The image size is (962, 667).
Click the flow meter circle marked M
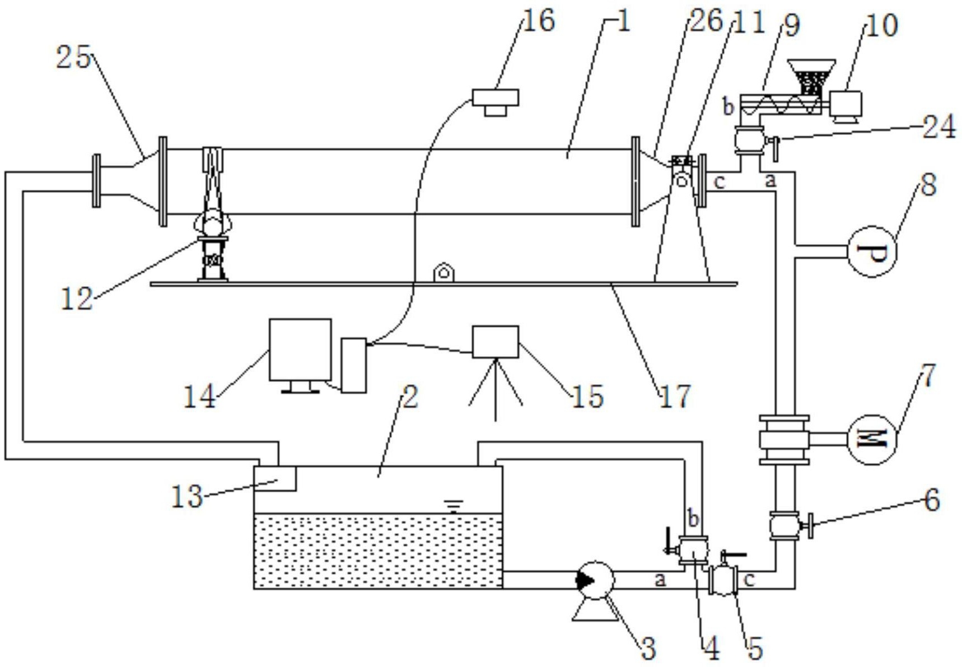pos(872,439)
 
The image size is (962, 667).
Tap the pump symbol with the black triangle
pos(595,581)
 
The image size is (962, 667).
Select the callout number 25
pos(73,57)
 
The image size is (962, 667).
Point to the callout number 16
pos(538,21)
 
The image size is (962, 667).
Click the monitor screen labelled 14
pos(300,350)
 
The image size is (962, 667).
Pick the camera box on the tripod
pos(496,342)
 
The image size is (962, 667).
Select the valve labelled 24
pos(750,140)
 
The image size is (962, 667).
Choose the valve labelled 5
pos(723,580)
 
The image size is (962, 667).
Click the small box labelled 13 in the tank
pos(275,478)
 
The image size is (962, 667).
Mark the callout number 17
pos(675,397)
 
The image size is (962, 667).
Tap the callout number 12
pos(77,299)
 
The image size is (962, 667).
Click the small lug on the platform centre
pos(443,273)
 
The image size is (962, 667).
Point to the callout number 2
pos(410,397)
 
